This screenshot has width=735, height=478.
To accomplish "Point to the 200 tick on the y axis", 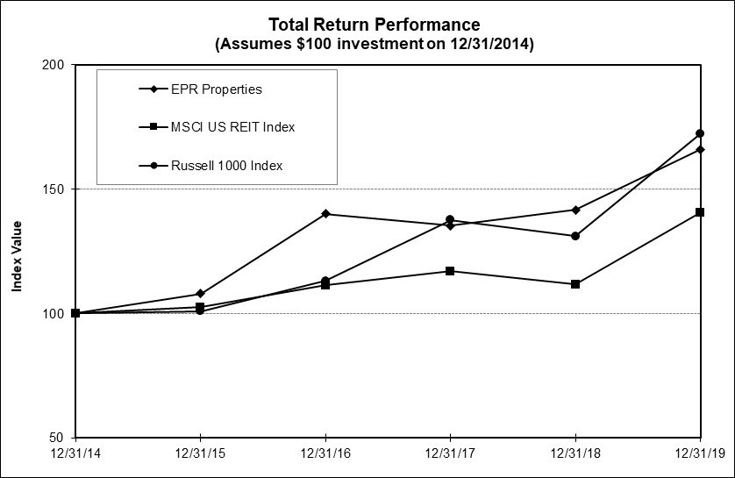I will pyautogui.click(x=54, y=65).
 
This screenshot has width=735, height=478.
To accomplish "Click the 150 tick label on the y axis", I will pyautogui.click(x=54, y=189).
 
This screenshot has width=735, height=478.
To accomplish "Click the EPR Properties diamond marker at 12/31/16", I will pyautogui.click(x=325, y=214).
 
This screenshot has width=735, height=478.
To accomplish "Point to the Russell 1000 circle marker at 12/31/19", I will pyautogui.click(x=700, y=133).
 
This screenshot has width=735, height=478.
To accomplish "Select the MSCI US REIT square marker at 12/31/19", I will pyautogui.click(x=700, y=212).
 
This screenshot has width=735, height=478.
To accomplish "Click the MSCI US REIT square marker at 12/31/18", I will pyautogui.click(x=575, y=284).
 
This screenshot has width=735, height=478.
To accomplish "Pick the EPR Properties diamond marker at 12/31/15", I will pyautogui.click(x=201, y=294).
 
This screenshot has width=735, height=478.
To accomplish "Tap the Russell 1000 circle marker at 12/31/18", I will pyautogui.click(x=575, y=236).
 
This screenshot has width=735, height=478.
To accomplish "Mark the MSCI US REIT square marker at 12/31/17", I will pyautogui.click(x=450, y=271).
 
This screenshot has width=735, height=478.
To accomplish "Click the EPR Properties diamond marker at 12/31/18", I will pyautogui.click(x=575, y=210).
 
